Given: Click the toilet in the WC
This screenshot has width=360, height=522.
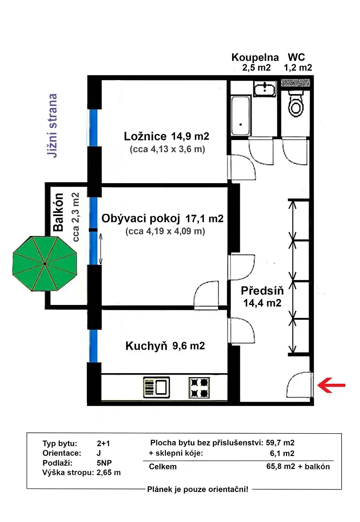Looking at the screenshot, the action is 296,104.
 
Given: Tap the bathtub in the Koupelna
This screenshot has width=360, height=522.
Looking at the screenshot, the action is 240,116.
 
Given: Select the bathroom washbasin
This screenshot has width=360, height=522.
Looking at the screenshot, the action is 265,89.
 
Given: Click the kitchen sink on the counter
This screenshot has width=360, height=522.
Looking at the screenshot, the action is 156,387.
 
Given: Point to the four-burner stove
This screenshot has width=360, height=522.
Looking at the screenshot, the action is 199,387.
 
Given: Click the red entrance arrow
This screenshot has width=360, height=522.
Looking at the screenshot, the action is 331,385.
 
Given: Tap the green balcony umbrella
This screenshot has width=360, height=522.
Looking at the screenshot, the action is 44,264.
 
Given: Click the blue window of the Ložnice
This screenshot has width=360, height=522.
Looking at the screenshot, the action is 93,128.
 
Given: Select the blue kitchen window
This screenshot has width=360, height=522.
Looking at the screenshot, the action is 93,346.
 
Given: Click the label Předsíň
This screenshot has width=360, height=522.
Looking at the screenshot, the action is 262,291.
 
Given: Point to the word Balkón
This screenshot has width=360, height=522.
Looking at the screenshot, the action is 58,212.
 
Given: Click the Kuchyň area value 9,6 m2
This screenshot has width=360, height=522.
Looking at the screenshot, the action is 188,345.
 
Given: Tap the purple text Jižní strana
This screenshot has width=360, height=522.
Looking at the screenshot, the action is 52,126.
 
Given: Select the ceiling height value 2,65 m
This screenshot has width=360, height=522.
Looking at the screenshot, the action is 109,472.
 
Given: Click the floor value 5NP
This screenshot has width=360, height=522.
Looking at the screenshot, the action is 104,462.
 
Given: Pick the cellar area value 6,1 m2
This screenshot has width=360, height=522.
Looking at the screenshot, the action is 282,453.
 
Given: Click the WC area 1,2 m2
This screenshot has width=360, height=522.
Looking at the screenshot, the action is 298,67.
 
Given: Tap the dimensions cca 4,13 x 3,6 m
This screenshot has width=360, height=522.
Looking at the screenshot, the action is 168,149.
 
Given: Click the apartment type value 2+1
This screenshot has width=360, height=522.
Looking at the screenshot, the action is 103,443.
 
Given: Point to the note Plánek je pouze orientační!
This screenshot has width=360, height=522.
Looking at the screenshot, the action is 198,489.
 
